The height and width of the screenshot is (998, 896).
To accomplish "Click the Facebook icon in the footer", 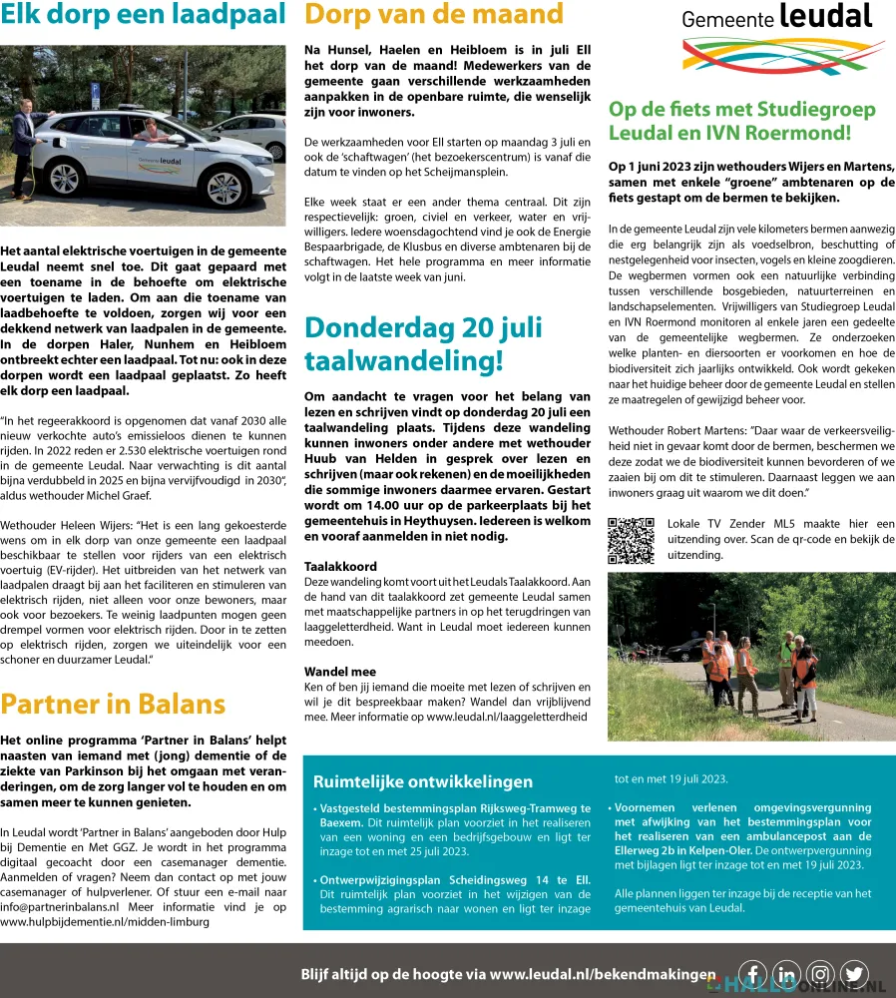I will (x=752, y=974).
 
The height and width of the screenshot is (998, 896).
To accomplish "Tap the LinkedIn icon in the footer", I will (x=786, y=974).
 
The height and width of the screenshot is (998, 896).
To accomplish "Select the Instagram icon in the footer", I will (x=820, y=974).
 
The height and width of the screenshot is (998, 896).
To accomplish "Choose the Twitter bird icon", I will (x=854, y=974).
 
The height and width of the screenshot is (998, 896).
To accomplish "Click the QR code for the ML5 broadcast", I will (x=631, y=541).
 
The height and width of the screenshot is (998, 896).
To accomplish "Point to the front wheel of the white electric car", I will (x=224, y=188).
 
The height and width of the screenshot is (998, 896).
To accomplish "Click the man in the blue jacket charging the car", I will (x=23, y=150).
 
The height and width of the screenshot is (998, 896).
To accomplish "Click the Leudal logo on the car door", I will (x=167, y=160).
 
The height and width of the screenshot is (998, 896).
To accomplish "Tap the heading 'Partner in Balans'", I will (x=113, y=705).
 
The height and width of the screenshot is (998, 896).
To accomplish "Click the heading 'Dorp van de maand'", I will (x=434, y=15).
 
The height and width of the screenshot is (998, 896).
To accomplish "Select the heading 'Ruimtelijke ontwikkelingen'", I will (x=423, y=781).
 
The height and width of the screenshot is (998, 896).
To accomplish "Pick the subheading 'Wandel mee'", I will (x=340, y=672).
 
